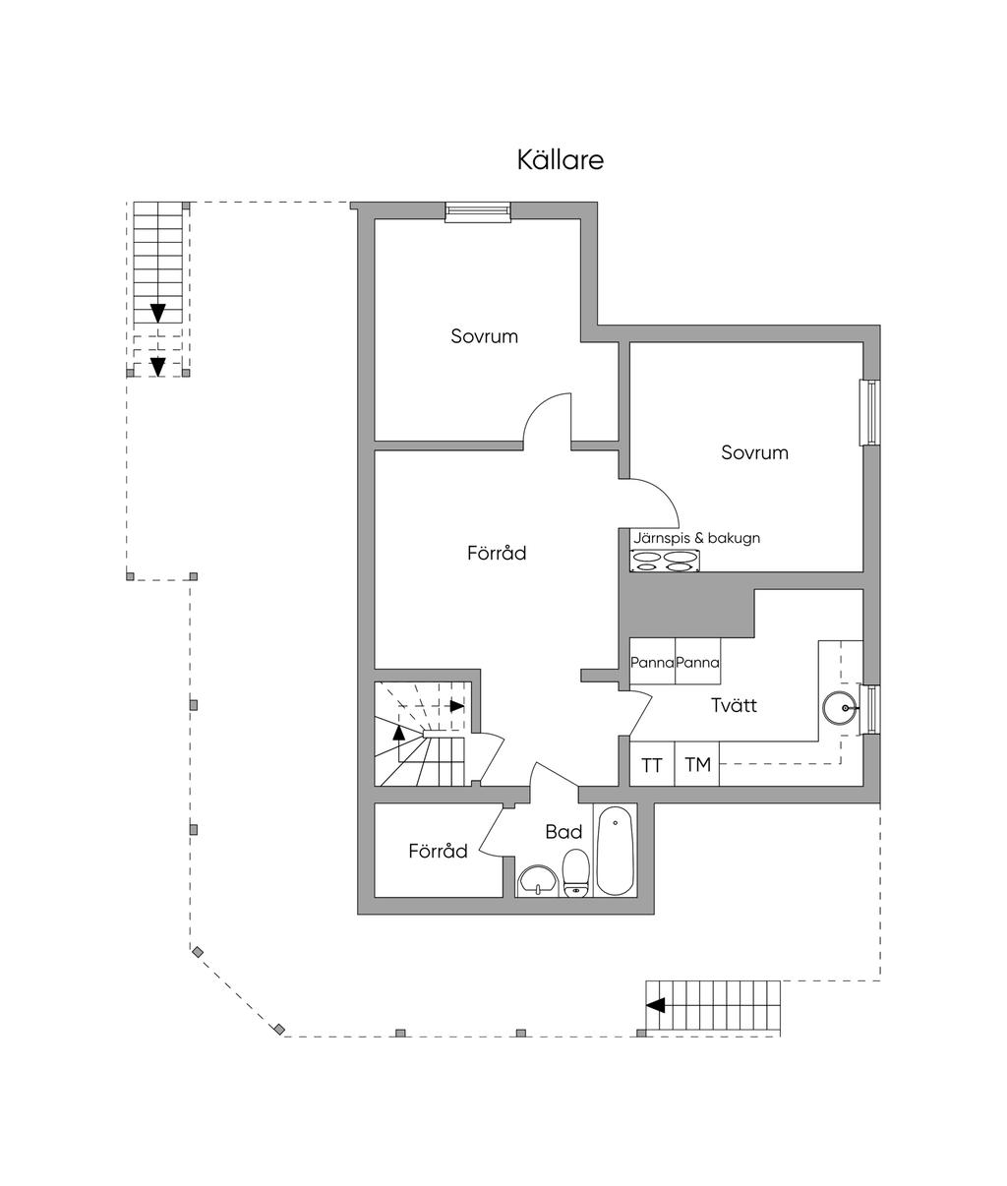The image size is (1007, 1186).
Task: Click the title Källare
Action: tap(560, 160)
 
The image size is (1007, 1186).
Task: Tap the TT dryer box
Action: tap(651, 765)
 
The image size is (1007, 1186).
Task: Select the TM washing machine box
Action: tap(697, 765)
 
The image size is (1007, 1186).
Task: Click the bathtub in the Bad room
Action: tap(616, 852)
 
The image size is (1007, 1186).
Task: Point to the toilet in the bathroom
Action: tap(576, 873)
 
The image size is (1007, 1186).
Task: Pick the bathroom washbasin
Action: tap(537, 881)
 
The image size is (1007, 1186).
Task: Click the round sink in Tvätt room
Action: tap(841, 707)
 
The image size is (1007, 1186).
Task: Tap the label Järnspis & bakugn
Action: tap(696, 538)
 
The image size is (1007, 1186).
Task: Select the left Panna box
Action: tap(652, 664)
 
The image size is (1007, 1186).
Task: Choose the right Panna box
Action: tap(697, 664)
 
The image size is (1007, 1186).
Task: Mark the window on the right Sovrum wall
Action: tap(869, 412)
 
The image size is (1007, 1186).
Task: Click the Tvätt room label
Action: tap(734, 705)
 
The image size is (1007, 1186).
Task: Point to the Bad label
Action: tap(563, 832)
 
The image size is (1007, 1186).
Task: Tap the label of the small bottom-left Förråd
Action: tap(438, 852)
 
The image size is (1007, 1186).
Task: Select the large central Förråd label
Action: tap(497, 554)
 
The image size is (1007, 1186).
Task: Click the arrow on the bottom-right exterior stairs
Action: tap(656, 1005)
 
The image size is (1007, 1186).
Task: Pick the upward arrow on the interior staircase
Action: tap(398, 731)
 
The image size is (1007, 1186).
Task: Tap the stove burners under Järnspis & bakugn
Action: tap(665, 561)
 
